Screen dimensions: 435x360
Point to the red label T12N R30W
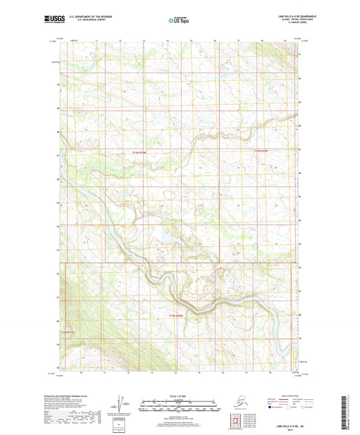[x=138, y=153]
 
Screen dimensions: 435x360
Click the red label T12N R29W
[x=261, y=151]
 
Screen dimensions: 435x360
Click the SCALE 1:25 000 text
[x=179, y=396]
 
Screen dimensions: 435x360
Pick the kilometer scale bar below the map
[x=179, y=403]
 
